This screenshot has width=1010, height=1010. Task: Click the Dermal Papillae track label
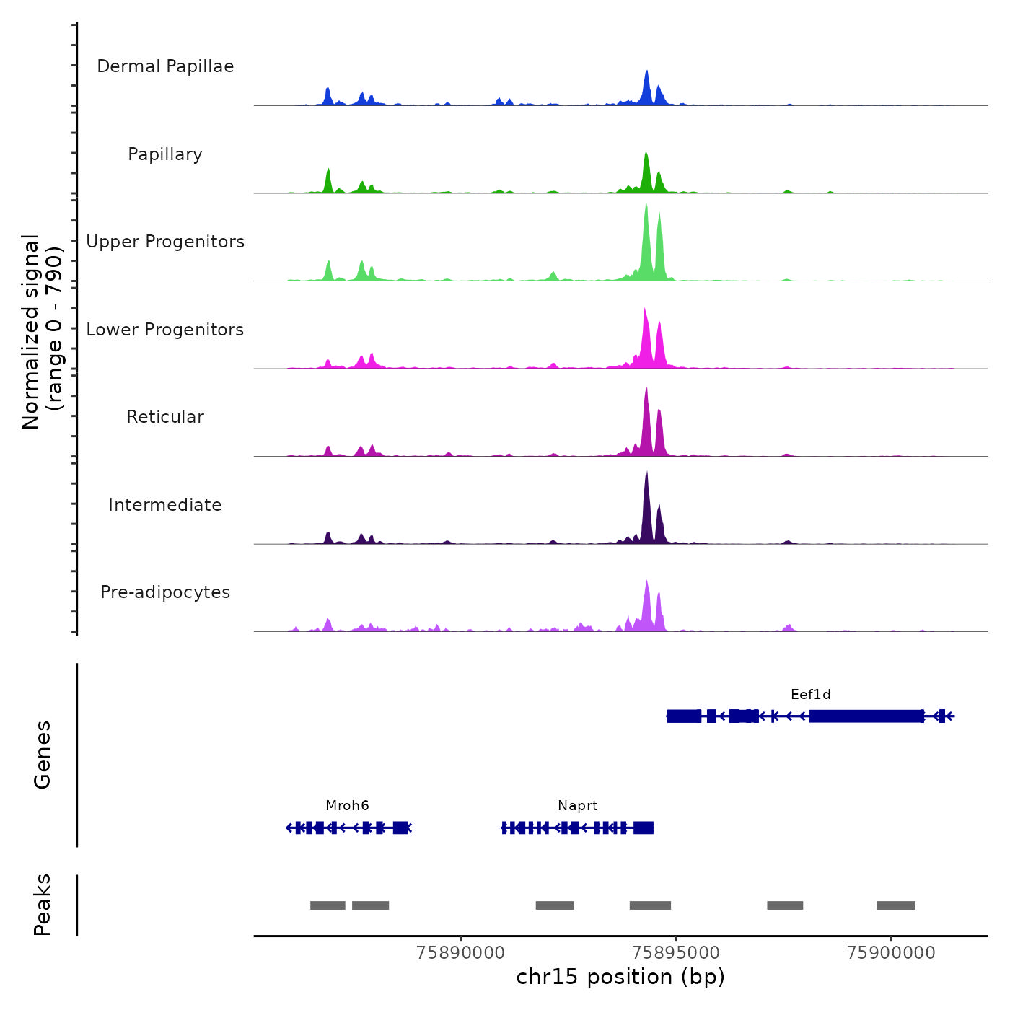pyautogui.click(x=165, y=66)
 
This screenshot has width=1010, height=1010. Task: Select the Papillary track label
pyautogui.click(x=165, y=154)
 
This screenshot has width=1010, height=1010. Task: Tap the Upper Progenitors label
pyautogui.click(x=165, y=242)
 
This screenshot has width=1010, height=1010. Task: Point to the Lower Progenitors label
pyautogui.click(x=165, y=330)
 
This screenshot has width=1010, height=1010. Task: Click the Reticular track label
pyautogui.click(x=165, y=417)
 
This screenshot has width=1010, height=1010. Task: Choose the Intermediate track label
pyautogui.click(x=165, y=505)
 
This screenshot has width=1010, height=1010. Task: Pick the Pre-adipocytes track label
pyautogui.click(x=165, y=592)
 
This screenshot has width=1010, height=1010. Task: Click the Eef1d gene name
pyautogui.click(x=810, y=695)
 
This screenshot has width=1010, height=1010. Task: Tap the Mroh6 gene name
pyautogui.click(x=347, y=806)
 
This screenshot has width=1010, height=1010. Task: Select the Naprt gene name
pyautogui.click(x=577, y=806)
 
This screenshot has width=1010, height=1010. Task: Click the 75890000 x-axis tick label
pyautogui.click(x=461, y=953)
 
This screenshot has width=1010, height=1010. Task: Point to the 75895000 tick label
pyautogui.click(x=676, y=953)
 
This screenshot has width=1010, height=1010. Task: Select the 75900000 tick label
pyautogui.click(x=891, y=953)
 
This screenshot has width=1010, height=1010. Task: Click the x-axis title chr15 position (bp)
pyautogui.click(x=620, y=977)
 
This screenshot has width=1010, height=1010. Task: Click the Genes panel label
pyautogui.click(x=43, y=755)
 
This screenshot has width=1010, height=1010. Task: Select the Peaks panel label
pyautogui.click(x=43, y=905)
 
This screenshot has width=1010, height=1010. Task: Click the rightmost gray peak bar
pyautogui.click(x=896, y=905)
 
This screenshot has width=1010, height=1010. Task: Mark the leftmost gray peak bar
pyautogui.click(x=328, y=905)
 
